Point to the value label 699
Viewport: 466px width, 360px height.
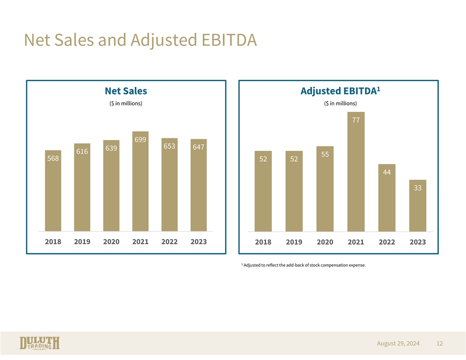point(140,140)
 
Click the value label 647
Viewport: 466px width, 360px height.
point(199,147)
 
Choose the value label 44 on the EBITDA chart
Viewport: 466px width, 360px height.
point(387,172)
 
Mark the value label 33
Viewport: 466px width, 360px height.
point(417,188)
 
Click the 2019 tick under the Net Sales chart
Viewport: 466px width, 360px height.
point(82,242)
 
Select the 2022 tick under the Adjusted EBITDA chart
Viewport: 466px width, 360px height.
point(387,243)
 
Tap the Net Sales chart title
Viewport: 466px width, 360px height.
point(126,91)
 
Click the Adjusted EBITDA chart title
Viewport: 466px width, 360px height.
point(338,92)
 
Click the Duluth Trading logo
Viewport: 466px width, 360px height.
point(40,344)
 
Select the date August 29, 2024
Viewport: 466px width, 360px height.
point(398,343)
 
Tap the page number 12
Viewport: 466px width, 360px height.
point(439,343)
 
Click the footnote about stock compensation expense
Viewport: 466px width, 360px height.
point(304,265)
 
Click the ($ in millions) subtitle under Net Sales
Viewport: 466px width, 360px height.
point(126,104)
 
